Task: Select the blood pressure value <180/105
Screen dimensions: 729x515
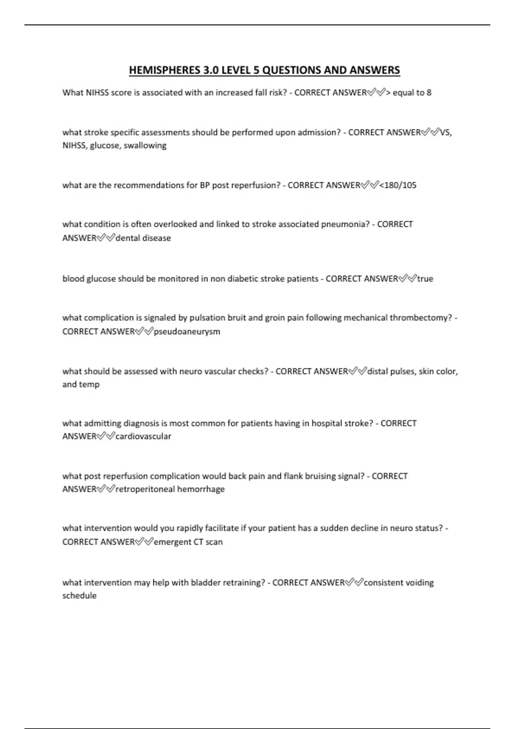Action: point(398,185)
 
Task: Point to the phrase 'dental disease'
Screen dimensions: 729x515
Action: point(143,238)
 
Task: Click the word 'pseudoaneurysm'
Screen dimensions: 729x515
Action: point(187,331)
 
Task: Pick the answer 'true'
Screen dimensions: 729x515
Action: point(425,279)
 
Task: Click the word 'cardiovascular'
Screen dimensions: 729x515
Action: point(143,437)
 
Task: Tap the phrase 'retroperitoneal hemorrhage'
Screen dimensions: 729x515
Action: point(170,489)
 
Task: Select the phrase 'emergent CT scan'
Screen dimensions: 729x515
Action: point(188,542)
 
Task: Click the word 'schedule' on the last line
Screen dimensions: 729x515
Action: point(79,596)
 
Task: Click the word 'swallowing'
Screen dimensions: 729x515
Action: point(145,145)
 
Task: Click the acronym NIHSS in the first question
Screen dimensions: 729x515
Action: point(97,93)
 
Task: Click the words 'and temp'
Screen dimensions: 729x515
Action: point(81,385)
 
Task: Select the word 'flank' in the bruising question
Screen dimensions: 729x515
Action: point(293,476)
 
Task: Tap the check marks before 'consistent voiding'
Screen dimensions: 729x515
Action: point(354,582)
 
